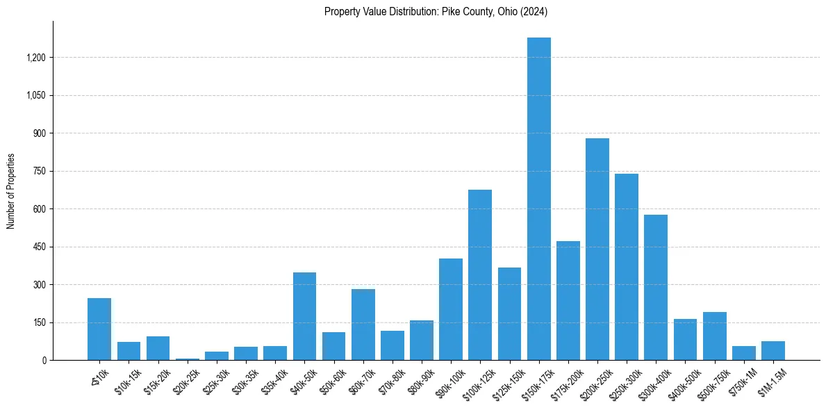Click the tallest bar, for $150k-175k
[x=538, y=199]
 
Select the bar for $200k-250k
[x=597, y=249]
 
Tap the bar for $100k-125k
[x=480, y=274]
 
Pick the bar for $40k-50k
[x=304, y=316]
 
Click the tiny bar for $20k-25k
[x=188, y=359]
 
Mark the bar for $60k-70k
[x=363, y=325]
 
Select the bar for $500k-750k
[x=714, y=336]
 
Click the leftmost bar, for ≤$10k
[x=99, y=329]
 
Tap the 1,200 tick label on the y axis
[x=35, y=58]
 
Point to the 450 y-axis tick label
[x=40, y=247]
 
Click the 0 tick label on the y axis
[x=44, y=361]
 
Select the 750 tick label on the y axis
[x=40, y=172]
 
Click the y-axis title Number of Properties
[x=10, y=191]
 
